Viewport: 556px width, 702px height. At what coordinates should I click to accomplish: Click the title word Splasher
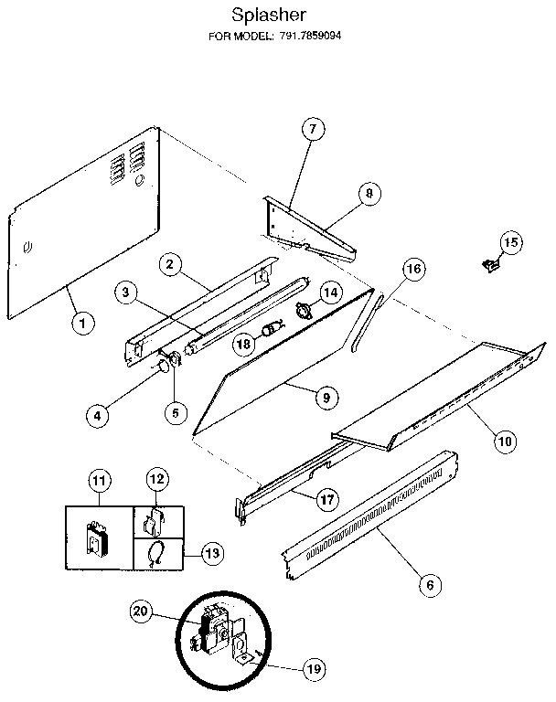268,16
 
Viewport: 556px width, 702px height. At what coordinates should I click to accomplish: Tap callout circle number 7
311,130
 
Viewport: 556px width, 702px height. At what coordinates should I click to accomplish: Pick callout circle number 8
369,194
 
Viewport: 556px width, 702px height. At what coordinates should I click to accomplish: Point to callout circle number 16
413,269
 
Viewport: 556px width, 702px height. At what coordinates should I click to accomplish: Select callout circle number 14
329,292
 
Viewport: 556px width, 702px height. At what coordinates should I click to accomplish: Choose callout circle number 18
242,344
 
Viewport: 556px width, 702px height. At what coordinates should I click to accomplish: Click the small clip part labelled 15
489,265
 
